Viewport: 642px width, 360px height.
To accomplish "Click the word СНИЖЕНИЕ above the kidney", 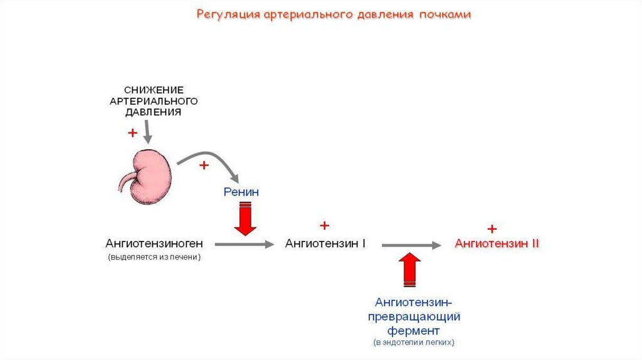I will (154, 90).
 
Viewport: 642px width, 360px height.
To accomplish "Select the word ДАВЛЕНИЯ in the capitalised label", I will (154, 112).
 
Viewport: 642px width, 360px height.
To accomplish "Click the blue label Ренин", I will (241, 192).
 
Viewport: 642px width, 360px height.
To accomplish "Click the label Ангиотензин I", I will (325, 243).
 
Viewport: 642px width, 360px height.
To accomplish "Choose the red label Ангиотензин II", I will (497, 243).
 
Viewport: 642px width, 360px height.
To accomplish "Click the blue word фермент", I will (413, 330).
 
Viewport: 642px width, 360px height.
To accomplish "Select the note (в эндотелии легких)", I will (413, 343).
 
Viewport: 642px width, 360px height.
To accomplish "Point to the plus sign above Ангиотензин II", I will (492, 228).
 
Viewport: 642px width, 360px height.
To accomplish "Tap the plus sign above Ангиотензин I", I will (324, 225).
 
